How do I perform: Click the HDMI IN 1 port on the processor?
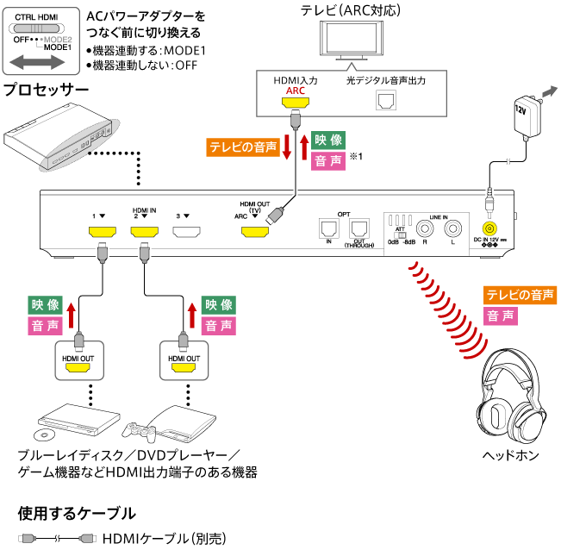pos(103,233)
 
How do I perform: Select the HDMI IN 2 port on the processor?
pos(146,233)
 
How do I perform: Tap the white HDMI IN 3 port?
pos(187,233)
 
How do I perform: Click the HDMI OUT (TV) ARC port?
pos(254,233)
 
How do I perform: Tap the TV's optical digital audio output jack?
pos(383,100)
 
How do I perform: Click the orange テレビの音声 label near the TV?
pos(243,147)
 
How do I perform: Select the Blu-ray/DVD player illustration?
pos(78,420)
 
